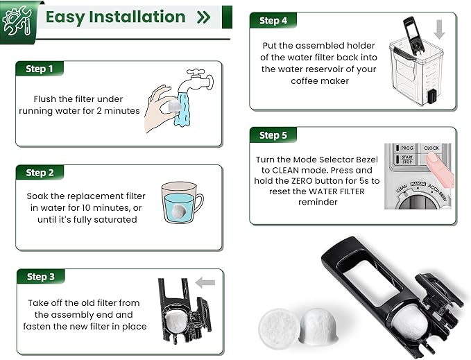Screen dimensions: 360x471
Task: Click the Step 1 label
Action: pos(39,69)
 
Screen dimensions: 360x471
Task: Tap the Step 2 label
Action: pos(40,173)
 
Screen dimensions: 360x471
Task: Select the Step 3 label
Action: pos(40,277)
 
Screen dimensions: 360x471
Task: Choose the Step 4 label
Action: pos(273,21)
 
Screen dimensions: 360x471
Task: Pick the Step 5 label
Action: pos(273,135)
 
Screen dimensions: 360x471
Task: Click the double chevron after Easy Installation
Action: pos(203,17)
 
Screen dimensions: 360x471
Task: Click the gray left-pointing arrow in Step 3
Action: pos(205,282)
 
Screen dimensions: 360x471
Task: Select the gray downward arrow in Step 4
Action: pos(438,30)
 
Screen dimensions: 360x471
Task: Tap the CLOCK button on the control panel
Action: pos(431,148)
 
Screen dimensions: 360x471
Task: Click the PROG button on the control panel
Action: pos(406,148)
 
